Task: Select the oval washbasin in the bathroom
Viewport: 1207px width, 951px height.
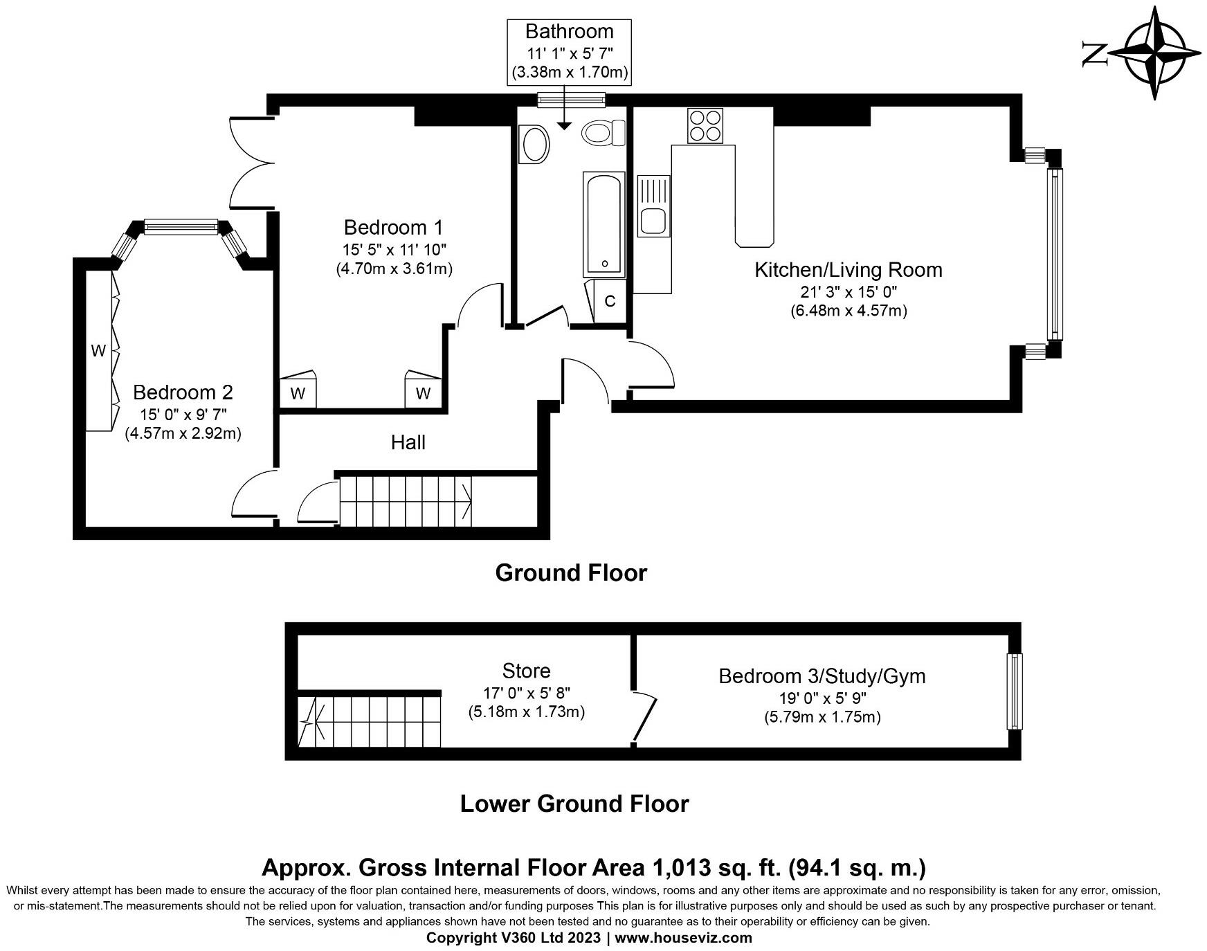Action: [x=534, y=144]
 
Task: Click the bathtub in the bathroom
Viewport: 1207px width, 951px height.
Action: [x=603, y=224]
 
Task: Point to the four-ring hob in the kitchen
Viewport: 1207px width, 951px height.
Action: [x=705, y=125]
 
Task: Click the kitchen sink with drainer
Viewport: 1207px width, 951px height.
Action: [x=653, y=206]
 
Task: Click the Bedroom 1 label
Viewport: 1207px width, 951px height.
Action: [x=394, y=227]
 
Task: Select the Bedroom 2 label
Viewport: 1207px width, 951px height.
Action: [x=183, y=392]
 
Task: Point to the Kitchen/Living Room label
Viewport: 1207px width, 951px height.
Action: [x=848, y=270]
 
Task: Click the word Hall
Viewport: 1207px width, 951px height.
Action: [x=408, y=442]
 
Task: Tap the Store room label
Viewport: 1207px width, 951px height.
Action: [x=527, y=671]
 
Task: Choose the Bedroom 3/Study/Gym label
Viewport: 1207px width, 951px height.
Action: [x=822, y=676]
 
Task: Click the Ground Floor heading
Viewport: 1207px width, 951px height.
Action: [x=571, y=572]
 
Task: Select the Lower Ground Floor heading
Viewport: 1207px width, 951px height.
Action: [x=574, y=804]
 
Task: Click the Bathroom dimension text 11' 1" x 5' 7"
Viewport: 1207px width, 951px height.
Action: [x=570, y=52]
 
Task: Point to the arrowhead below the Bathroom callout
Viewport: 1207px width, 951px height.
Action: [x=564, y=125]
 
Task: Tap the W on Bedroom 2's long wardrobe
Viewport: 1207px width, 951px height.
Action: [x=98, y=351]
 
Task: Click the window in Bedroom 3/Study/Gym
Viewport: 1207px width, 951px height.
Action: [x=1014, y=691]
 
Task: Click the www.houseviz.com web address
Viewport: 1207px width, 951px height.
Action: [x=684, y=938]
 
